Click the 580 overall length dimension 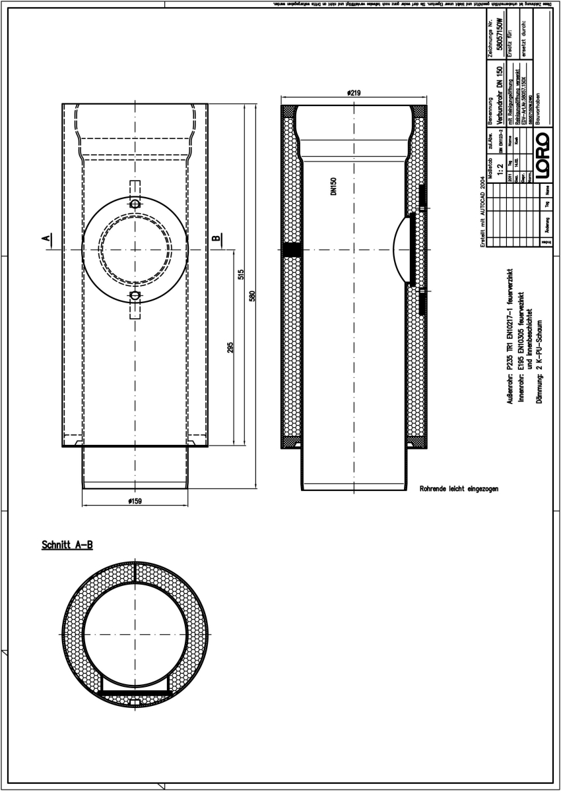point(252,297)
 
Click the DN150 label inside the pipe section point(334,187)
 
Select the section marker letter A point(47,238)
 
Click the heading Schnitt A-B point(67,545)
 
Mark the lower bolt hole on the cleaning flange point(135,295)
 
